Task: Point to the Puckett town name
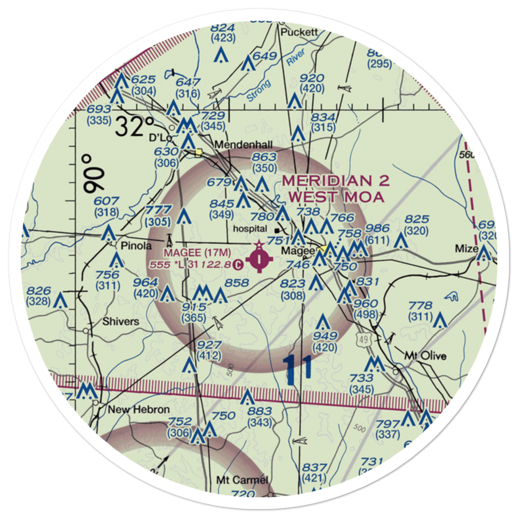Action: coord(298,32)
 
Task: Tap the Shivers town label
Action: coord(121,321)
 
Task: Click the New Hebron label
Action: coord(138,410)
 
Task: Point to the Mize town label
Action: coord(466,249)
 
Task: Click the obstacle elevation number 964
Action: coord(146,282)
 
